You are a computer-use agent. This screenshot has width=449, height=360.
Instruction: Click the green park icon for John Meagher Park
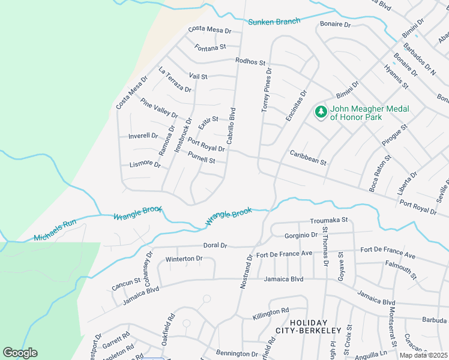321,112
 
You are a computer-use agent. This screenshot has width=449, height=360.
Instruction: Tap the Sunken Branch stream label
274,22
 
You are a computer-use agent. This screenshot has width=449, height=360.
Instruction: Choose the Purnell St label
201,157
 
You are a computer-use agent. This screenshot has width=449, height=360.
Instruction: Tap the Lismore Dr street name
145,164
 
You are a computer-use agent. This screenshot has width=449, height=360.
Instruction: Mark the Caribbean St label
308,158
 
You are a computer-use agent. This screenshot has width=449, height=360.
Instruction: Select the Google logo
20,353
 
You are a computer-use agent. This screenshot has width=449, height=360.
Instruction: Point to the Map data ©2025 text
424,355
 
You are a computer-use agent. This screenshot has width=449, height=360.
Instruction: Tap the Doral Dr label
215,245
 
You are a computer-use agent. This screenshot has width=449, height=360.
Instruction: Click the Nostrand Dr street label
247,271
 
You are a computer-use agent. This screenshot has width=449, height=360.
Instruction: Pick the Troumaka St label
328,221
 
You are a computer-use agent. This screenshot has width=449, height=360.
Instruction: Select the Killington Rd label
271,313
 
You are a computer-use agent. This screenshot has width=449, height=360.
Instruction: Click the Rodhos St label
250,62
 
